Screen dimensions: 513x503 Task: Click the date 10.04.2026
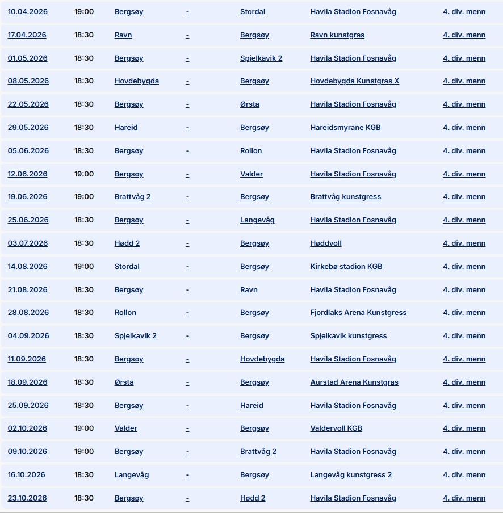pyautogui.click(x=27, y=12)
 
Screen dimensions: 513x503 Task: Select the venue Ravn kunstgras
pyautogui.click(x=337, y=35)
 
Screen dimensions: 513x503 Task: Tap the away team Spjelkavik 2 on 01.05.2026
pyautogui.click(x=261, y=58)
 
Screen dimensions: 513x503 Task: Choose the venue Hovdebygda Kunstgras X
pyautogui.click(x=354, y=81)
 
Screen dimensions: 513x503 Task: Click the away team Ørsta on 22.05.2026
pyautogui.click(x=250, y=104)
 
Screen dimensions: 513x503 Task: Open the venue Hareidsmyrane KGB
pyautogui.click(x=345, y=128)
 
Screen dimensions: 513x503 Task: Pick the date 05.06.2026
pyautogui.click(x=28, y=151)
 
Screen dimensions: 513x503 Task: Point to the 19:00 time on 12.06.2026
pyautogui.click(x=84, y=174)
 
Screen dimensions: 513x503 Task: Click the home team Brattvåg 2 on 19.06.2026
pyautogui.click(x=132, y=197)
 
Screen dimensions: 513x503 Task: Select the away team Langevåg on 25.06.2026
pyautogui.click(x=257, y=220)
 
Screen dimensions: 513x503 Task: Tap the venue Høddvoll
pyautogui.click(x=326, y=243)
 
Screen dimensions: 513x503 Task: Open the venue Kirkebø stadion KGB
pyautogui.click(x=346, y=267)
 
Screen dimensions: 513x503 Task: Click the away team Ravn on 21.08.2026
pyautogui.click(x=249, y=290)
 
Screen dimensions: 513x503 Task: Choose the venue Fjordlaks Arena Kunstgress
pyautogui.click(x=358, y=313)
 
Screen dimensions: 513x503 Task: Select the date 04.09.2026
pyautogui.click(x=28, y=336)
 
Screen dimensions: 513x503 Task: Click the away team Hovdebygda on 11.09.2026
pyautogui.click(x=262, y=359)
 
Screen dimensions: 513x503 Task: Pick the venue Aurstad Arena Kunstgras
pyautogui.click(x=354, y=382)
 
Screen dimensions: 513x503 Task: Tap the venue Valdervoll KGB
pyautogui.click(x=336, y=428)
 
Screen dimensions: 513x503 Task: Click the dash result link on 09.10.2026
pyautogui.click(x=187, y=452)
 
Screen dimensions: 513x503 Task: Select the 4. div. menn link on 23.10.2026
pyautogui.click(x=464, y=498)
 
